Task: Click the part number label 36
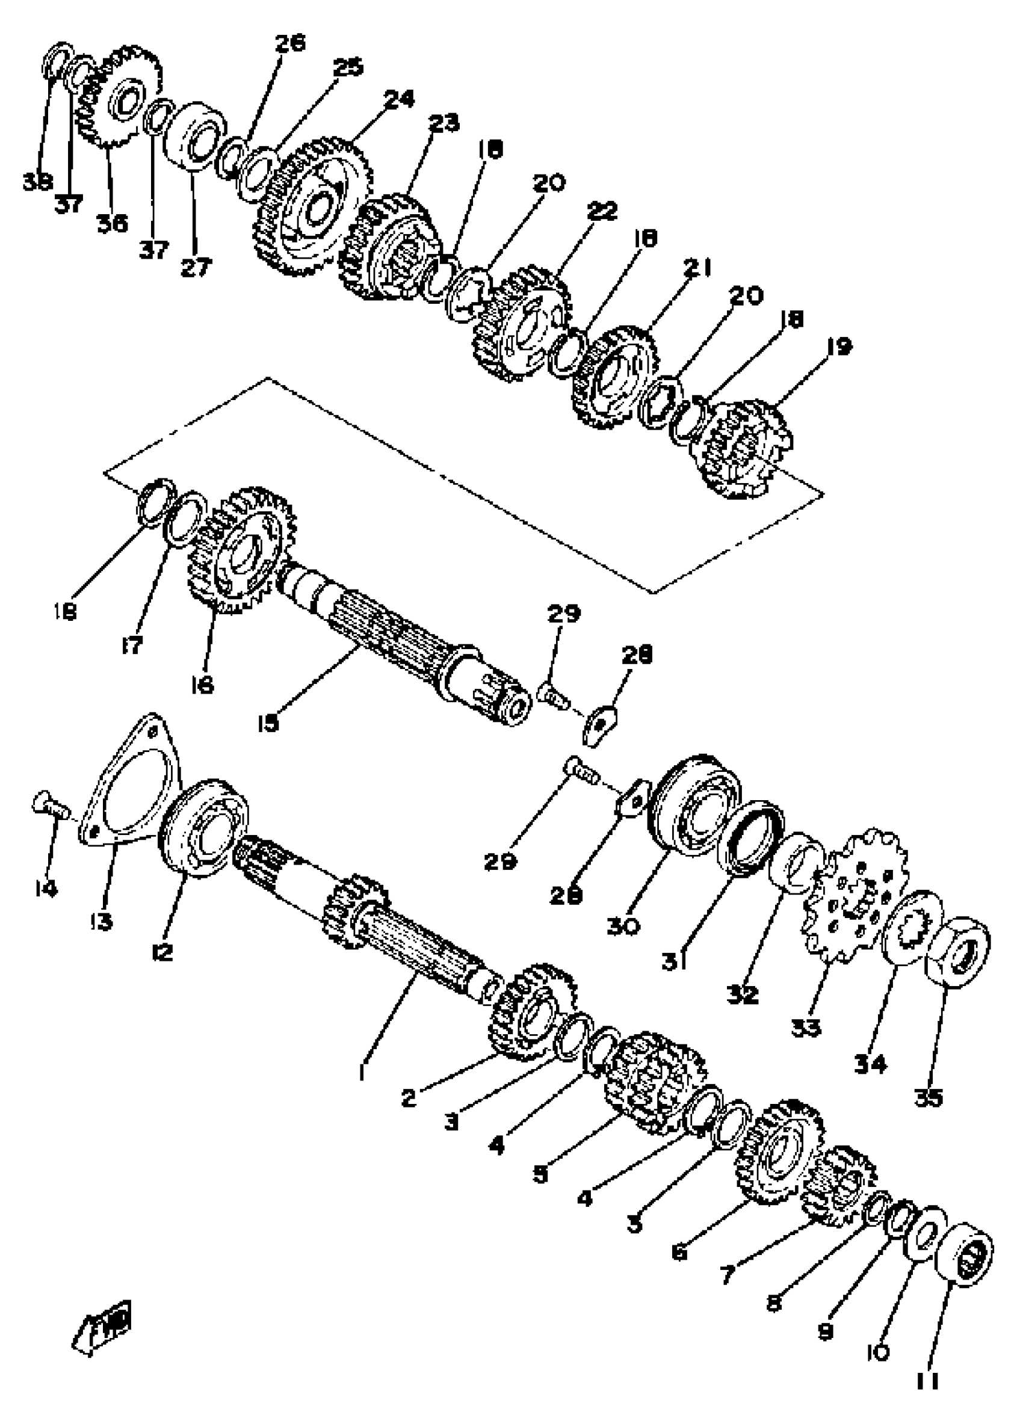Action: (x=112, y=223)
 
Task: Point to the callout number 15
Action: (x=268, y=723)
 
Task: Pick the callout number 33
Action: (x=806, y=1027)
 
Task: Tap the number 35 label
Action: (x=929, y=1097)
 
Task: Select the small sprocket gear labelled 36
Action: (x=119, y=94)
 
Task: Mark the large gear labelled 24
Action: (x=314, y=207)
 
